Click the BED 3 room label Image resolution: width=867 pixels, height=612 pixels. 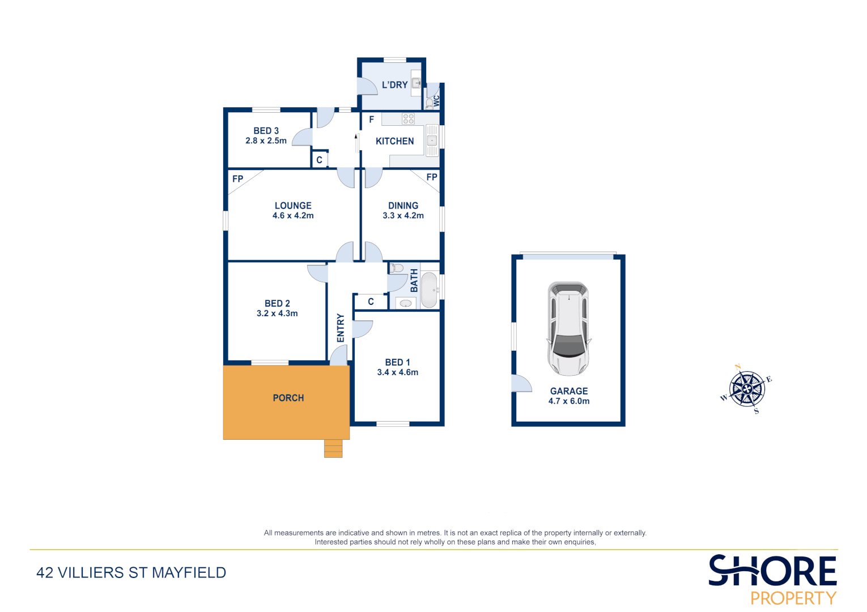[x=266, y=131]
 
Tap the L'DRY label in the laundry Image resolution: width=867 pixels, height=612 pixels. [x=394, y=85]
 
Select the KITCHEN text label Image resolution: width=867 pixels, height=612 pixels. [x=394, y=141]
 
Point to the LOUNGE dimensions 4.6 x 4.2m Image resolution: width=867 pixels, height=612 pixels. [x=293, y=216]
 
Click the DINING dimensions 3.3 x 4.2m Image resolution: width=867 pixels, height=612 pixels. [x=403, y=216]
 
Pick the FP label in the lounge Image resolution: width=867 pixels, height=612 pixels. [x=237, y=179]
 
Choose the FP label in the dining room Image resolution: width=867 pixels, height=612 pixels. [x=432, y=177]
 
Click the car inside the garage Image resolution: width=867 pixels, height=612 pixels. [x=568, y=329]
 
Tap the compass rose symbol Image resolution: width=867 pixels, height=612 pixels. [x=747, y=389]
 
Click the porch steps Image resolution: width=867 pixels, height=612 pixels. [x=333, y=448]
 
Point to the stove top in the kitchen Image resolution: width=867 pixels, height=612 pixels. [x=408, y=119]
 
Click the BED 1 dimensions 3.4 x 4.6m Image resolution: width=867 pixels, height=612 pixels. [x=398, y=372]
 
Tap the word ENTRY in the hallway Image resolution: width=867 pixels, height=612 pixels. [x=341, y=328]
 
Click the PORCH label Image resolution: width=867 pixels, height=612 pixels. [x=288, y=398]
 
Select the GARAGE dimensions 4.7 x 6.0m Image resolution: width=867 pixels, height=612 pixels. [x=569, y=401]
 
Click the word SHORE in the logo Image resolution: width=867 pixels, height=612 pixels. [x=772, y=571]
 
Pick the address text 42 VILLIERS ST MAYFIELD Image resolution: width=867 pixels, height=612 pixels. [x=131, y=573]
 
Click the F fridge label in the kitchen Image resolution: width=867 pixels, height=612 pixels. [x=372, y=120]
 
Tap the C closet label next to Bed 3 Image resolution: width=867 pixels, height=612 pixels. [x=320, y=160]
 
